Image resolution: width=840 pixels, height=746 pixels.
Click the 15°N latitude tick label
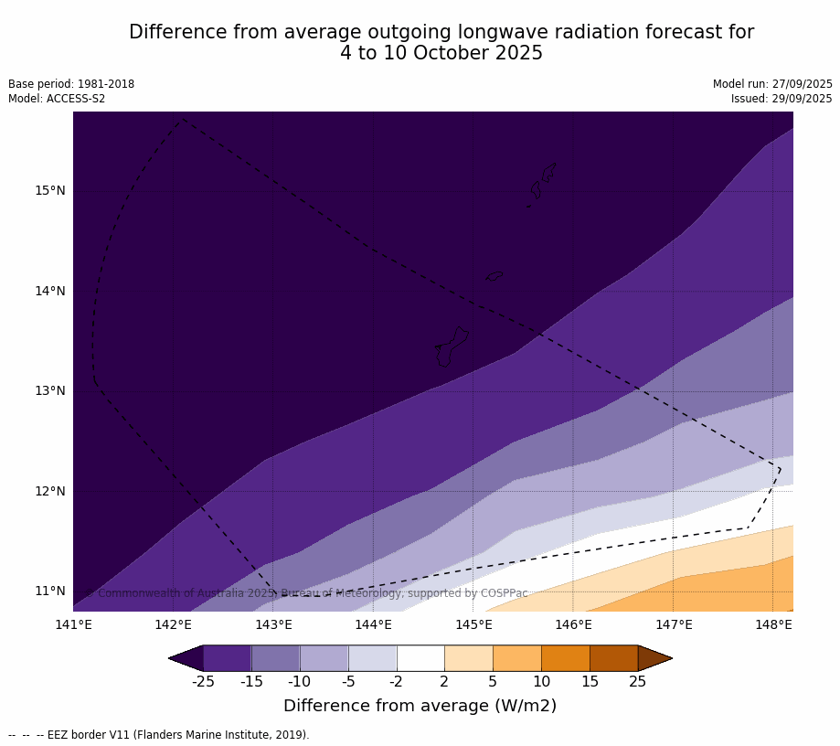(50, 191)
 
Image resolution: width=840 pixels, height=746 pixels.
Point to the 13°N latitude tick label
(50, 391)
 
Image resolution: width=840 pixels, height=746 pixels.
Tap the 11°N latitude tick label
(50, 591)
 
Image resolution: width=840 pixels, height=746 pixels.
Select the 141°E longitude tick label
(73, 625)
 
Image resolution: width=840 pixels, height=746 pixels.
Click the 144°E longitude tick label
(373, 625)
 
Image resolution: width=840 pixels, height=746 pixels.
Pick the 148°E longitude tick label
(773, 625)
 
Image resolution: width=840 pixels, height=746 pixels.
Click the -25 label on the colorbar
(204, 681)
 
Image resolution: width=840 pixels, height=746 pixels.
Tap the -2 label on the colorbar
(397, 681)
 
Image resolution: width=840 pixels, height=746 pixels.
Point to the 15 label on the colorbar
(590, 681)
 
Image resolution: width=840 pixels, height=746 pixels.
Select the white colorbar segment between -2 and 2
(420, 658)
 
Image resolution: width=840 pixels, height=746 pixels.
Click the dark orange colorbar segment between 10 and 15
(565, 658)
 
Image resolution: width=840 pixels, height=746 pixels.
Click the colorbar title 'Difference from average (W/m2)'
(420, 706)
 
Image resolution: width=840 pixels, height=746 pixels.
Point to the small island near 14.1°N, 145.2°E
(494, 276)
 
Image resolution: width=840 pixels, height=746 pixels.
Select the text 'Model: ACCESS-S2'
(57, 99)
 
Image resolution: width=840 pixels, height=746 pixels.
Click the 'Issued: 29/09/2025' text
(782, 99)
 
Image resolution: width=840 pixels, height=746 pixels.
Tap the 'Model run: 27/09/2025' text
(772, 84)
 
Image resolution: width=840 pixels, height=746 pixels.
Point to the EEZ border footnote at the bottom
(159, 735)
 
